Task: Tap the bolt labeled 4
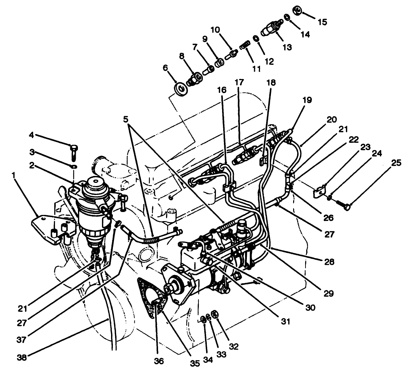73,150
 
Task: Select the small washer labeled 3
74,166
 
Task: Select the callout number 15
322,21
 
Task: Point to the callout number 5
126,119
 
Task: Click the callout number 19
307,100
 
